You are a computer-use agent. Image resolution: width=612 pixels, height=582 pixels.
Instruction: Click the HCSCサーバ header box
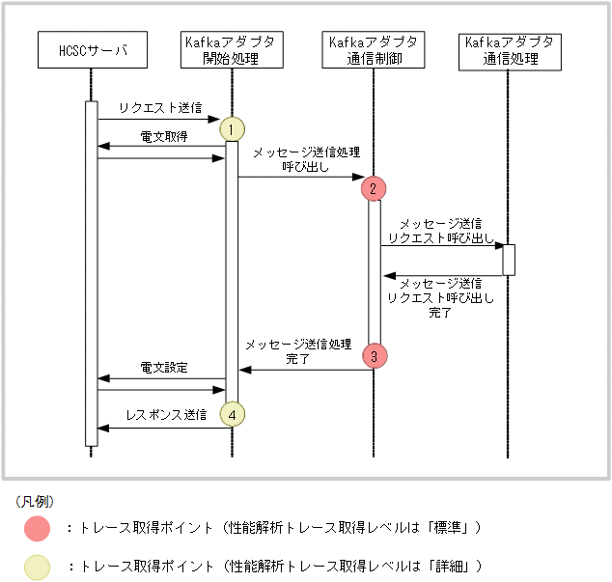pyautogui.click(x=92, y=50)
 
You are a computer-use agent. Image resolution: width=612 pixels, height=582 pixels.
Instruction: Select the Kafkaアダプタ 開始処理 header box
pyautogui.click(x=232, y=50)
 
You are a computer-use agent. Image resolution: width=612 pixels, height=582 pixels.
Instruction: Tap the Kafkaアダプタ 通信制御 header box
pyautogui.click(x=374, y=50)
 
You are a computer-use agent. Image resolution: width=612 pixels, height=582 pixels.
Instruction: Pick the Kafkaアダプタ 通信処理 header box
pyautogui.click(x=510, y=50)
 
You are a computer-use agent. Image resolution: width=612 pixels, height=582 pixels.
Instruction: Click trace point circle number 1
pyautogui.click(x=232, y=128)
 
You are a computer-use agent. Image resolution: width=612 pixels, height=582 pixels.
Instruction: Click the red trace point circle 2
pyautogui.click(x=374, y=188)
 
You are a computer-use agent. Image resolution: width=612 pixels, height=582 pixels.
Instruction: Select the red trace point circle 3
pyautogui.click(x=374, y=355)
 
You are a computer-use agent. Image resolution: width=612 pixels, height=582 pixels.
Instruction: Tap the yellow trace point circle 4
pyautogui.click(x=232, y=415)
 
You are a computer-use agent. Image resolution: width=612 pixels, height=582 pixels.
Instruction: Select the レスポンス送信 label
pyautogui.click(x=166, y=415)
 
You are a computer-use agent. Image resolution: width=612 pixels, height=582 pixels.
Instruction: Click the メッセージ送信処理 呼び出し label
pyautogui.click(x=305, y=159)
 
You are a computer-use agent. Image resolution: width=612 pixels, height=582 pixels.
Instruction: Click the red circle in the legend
pyautogui.click(x=38, y=528)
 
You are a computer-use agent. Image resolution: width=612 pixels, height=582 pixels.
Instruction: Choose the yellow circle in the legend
pyautogui.click(x=38, y=566)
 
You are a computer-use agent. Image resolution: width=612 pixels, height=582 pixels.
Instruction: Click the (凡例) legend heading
pyautogui.click(x=36, y=501)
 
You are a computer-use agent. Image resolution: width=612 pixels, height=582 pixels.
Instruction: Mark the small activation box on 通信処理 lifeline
pyautogui.click(x=509, y=259)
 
